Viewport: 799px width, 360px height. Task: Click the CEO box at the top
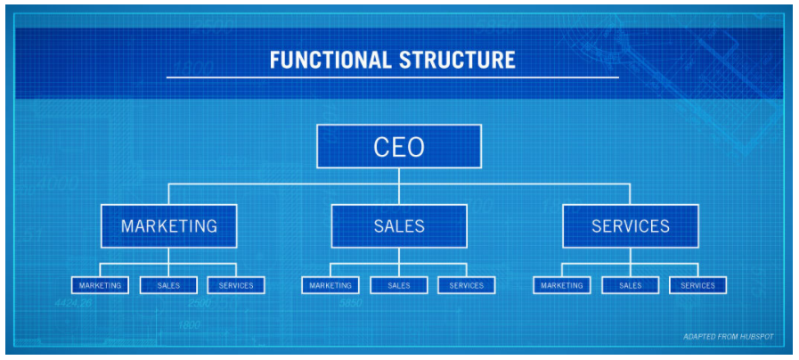click(x=399, y=146)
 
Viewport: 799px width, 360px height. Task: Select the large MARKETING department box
click(x=168, y=226)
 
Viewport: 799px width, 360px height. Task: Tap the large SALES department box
click(x=399, y=226)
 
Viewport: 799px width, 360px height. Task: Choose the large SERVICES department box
click(x=631, y=226)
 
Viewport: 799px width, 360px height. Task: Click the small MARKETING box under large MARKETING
click(x=100, y=285)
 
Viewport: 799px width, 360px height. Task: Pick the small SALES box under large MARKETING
click(x=168, y=285)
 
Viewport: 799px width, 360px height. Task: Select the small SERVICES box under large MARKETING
click(x=236, y=285)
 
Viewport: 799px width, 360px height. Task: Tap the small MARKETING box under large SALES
click(x=330, y=285)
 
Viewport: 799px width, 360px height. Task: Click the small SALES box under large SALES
click(x=399, y=285)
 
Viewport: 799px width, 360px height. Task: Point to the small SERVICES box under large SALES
click(x=466, y=285)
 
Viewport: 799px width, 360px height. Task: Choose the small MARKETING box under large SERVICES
click(x=562, y=285)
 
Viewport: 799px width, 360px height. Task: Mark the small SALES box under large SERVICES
click(x=631, y=285)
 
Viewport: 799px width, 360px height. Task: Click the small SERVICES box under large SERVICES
click(x=697, y=285)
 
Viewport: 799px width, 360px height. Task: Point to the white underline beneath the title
click(x=392, y=78)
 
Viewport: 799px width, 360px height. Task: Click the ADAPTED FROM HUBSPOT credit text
click(x=728, y=337)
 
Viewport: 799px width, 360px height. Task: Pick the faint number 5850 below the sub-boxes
click(x=351, y=303)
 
